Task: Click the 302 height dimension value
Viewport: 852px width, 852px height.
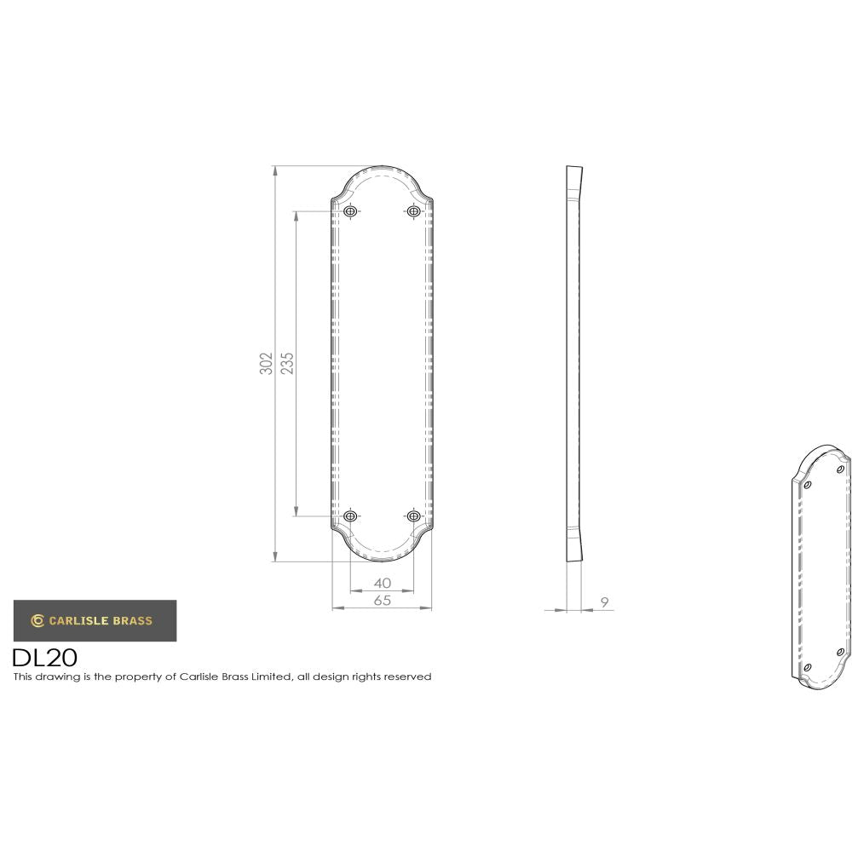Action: [x=267, y=363]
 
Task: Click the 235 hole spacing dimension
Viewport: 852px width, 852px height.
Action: [x=287, y=363]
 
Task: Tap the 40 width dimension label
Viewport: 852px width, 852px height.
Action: [x=382, y=583]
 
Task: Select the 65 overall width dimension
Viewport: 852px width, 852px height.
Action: [x=382, y=601]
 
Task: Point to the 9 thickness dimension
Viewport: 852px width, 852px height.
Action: [x=604, y=602]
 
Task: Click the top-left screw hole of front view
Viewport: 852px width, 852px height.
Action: [x=350, y=210]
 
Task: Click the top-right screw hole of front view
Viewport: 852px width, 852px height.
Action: [x=413, y=210]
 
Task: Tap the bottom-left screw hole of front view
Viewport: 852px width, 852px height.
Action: [x=350, y=516]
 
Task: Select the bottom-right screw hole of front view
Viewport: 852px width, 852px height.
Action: [x=413, y=516]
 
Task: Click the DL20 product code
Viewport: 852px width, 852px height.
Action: [x=44, y=658]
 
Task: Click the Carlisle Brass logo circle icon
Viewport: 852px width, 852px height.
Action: [x=37, y=620]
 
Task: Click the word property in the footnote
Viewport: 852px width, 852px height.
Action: [x=135, y=677]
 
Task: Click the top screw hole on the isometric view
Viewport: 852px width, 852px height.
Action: [x=840, y=469]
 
